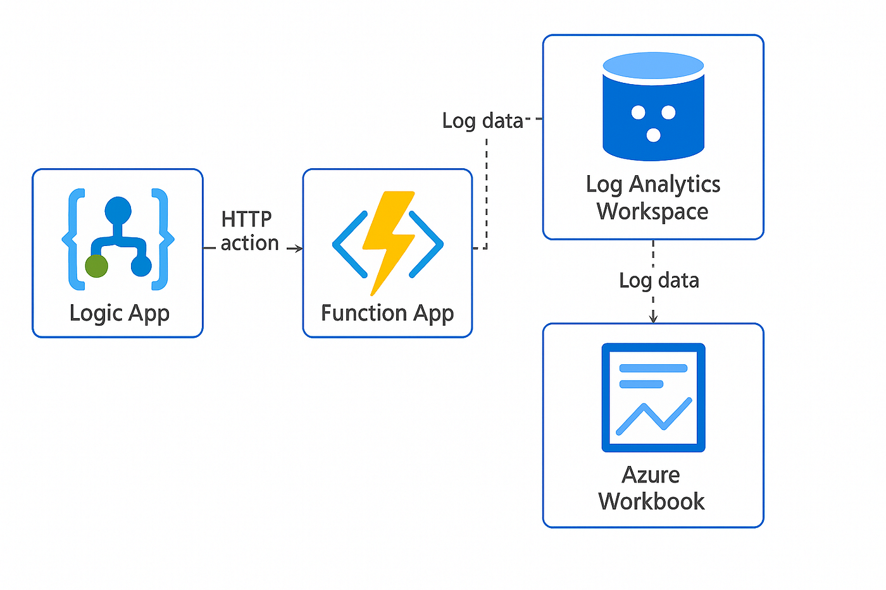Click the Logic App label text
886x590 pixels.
(x=120, y=314)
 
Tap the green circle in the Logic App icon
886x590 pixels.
(x=96, y=266)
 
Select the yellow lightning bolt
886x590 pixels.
(x=389, y=243)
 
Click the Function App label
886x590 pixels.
(x=387, y=314)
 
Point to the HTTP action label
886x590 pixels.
(x=249, y=231)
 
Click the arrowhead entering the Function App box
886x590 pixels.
(x=299, y=248)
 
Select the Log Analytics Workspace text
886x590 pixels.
(x=653, y=197)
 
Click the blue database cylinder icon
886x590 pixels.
(x=653, y=107)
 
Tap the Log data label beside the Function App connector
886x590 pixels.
(x=482, y=121)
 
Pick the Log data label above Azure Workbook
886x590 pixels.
(x=659, y=281)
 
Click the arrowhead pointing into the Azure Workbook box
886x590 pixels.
(x=653, y=317)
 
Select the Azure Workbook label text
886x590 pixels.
(x=651, y=488)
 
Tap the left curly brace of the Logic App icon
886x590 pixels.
(x=74, y=240)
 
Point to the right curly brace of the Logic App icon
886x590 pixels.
(x=163, y=240)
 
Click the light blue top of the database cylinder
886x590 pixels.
(x=653, y=66)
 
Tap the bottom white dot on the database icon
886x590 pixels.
(x=653, y=135)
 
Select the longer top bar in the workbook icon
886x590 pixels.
(x=653, y=368)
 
